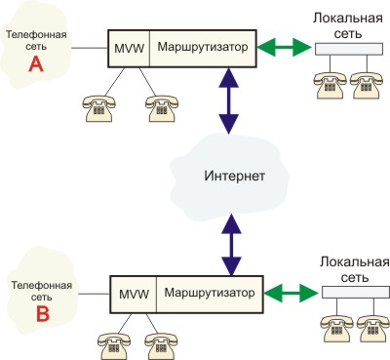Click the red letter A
click(36, 64)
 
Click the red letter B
click(43, 314)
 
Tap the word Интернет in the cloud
click(234, 176)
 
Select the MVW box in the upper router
click(129, 49)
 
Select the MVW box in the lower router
click(134, 295)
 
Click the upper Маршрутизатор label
click(203, 47)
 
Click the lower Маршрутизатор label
click(210, 293)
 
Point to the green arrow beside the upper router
click(284, 48)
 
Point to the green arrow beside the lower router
click(291, 293)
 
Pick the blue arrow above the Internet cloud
click(229, 100)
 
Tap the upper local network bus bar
click(349, 49)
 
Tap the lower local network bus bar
click(356, 292)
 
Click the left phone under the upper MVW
click(98, 108)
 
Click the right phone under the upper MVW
click(161, 108)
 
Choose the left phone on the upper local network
click(330, 86)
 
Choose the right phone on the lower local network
click(373, 329)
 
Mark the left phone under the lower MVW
click(114, 346)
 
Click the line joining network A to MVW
click(90, 49)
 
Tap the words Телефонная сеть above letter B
click(42, 291)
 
